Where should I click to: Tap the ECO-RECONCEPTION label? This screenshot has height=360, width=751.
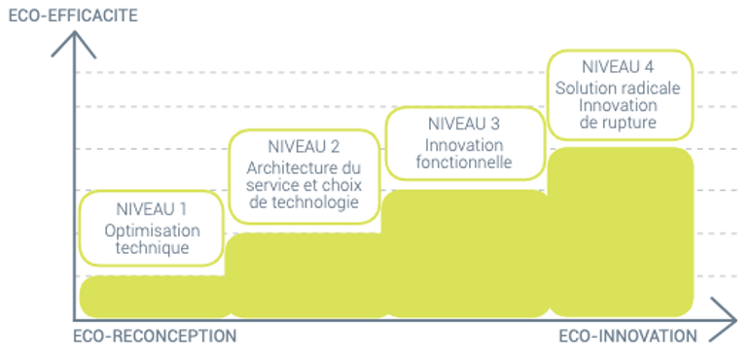(x=155, y=337)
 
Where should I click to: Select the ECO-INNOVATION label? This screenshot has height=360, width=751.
(x=627, y=337)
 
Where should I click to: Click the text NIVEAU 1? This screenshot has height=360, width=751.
(x=151, y=208)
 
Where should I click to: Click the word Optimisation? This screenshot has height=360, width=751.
(x=151, y=231)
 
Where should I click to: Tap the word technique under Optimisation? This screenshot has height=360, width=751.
(x=151, y=248)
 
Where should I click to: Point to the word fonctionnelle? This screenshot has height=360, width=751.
(x=464, y=162)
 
